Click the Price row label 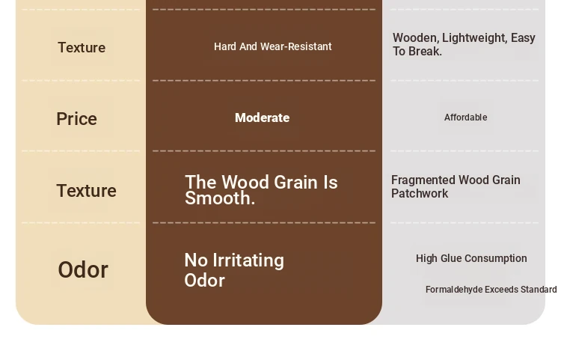pyautogui.click(x=76, y=119)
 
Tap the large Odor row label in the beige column pyautogui.click(x=83, y=270)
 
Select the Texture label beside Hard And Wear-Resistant pyautogui.click(x=82, y=48)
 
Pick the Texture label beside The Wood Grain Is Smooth pyautogui.click(x=86, y=191)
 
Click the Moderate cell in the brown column pyautogui.click(x=263, y=118)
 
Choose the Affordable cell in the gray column pyautogui.click(x=465, y=118)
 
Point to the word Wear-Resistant pyautogui.click(x=296, y=46)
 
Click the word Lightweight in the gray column pyautogui.click(x=475, y=38)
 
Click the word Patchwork pyautogui.click(x=420, y=194)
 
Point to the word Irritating pyautogui.click(x=248, y=260)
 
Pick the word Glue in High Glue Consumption pyautogui.click(x=452, y=258)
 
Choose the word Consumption pyautogui.click(x=496, y=258)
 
